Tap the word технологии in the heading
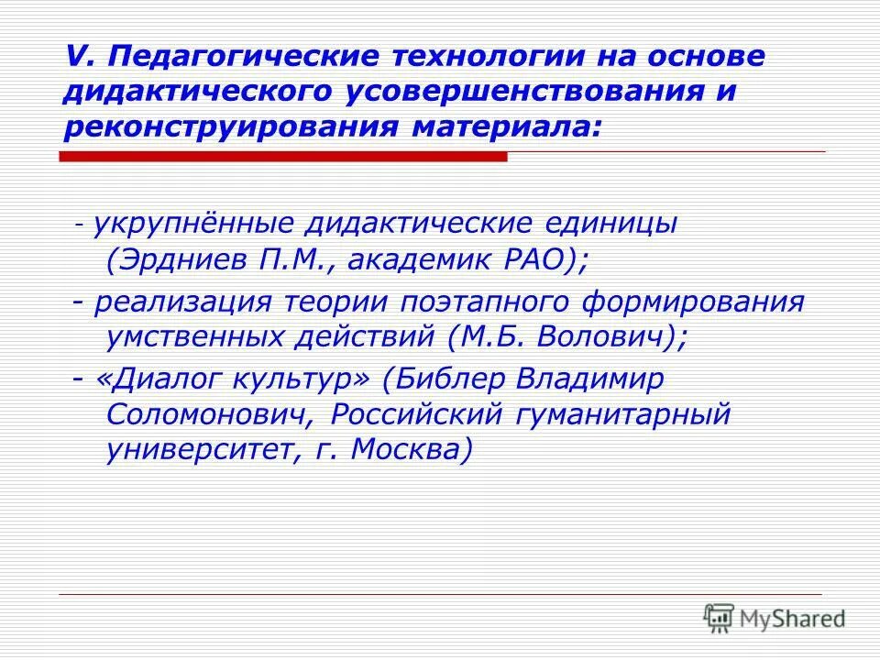[x=491, y=57]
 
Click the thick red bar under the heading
[x=284, y=157]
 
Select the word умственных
[x=192, y=338]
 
